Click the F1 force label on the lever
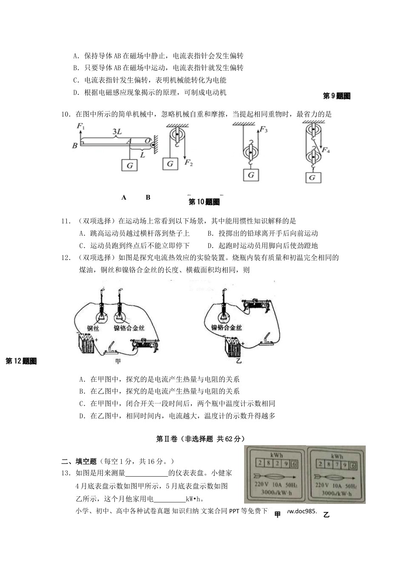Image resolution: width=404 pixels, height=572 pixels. click(81, 126)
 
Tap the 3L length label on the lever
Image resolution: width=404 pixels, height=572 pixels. click(117, 132)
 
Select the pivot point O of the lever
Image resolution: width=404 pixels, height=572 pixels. click(147, 140)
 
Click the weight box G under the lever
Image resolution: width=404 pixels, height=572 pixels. click(130, 165)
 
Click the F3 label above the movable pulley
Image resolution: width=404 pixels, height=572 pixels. click(264, 129)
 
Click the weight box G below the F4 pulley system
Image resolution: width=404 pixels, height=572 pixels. click(313, 177)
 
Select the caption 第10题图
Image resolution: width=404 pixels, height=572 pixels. click(204, 202)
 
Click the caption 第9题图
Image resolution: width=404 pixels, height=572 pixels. click(337, 96)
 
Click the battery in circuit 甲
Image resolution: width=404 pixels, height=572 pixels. click(87, 343)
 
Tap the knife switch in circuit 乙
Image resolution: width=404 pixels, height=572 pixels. click(268, 339)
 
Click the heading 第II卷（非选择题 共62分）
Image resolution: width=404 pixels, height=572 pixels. click(201, 439)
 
